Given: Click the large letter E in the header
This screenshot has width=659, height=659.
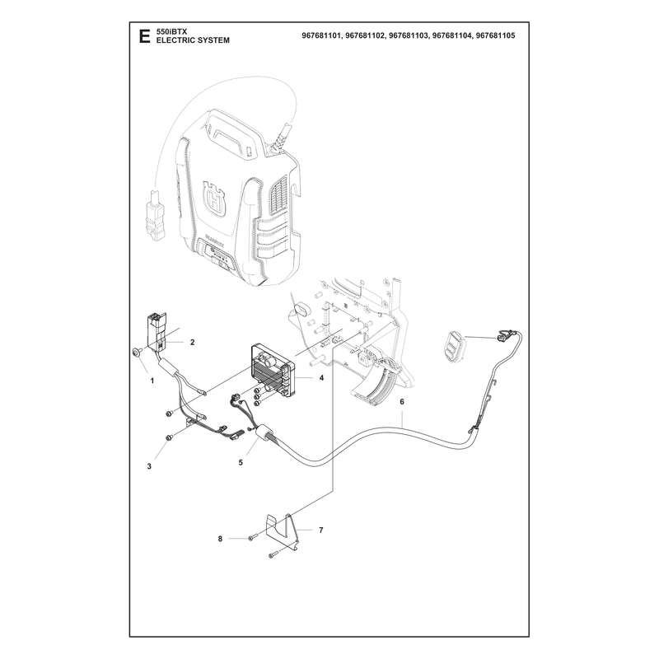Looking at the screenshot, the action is pyautogui.click(x=144, y=36).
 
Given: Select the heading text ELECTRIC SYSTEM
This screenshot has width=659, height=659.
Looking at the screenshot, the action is pyautogui.click(x=193, y=40).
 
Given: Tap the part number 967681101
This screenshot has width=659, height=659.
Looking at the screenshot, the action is pyautogui.click(x=321, y=36).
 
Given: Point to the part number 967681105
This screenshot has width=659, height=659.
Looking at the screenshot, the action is pyautogui.click(x=495, y=36).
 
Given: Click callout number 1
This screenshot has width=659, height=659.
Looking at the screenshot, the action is pyautogui.click(x=152, y=381).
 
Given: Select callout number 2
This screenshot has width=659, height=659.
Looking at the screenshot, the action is pyautogui.click(x=193, y=342).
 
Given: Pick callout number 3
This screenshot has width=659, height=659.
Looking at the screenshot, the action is pyautogui.click(x=149, y=466).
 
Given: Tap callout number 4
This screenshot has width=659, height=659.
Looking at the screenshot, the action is pyautogui.click(x=321, y=378).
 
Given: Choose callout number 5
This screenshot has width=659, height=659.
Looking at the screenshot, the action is pyautogui.click(x=241, y=462).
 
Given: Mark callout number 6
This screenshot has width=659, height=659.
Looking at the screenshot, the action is pyautogui.click(x=402, y=402).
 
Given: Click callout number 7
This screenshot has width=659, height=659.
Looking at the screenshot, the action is pyautogui.click(x=321, y=530).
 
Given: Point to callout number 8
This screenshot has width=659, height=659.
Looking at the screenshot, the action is pyautogui.click(x=220, y=539).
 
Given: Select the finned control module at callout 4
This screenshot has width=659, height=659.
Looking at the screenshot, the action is pyautogui.click(x=271, y=372).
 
